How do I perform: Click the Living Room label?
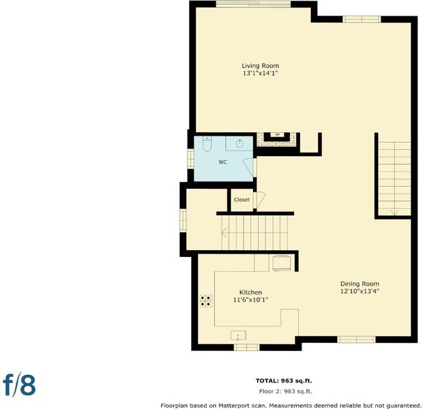click(260, 66)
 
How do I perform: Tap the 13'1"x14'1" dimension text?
click(261, 73)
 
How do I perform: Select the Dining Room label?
click(360, 284)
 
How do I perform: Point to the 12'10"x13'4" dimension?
click(360, 291)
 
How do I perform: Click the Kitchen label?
click(250, 292)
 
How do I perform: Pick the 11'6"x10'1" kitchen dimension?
click(250, 299)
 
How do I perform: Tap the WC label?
click(222, 162)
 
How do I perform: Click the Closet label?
click(242, 200)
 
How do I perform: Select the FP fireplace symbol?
click(277, 134)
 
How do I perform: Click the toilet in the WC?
click(207, 144)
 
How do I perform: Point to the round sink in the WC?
click(239, 143)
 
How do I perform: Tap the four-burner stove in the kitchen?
click(206, 301)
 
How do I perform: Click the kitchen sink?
click(238, 335)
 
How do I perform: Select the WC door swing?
click(249, 167)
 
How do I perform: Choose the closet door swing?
click(259, 200)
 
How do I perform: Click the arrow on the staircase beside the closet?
click(224, 232)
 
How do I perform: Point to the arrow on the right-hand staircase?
click(394, 213)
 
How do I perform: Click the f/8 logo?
click(19, 384)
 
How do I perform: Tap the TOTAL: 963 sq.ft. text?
click(284, 380)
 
